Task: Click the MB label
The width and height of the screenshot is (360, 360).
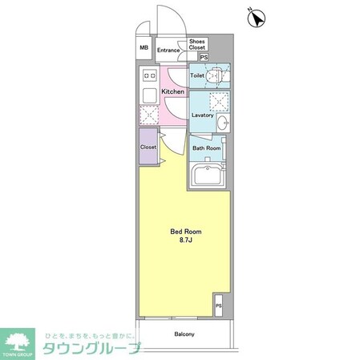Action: point(144,48)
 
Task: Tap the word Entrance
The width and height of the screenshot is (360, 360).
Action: point(168,51)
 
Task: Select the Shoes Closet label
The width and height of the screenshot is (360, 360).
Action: point(198,45)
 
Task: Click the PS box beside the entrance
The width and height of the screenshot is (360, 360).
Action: point(204,58)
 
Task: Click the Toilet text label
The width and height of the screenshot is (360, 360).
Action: point(196,76)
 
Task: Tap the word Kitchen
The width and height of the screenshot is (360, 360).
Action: point(173,92)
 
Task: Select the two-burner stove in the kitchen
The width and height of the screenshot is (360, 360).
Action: point(148,78)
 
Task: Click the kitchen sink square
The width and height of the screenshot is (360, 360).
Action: point(148,95)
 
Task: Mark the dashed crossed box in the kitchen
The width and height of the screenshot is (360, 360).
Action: point(148,115)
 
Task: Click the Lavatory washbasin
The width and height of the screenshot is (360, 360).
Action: point(223,122)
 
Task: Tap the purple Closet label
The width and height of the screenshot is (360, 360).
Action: point(148,147)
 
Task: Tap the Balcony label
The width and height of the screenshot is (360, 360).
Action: point(184,334)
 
